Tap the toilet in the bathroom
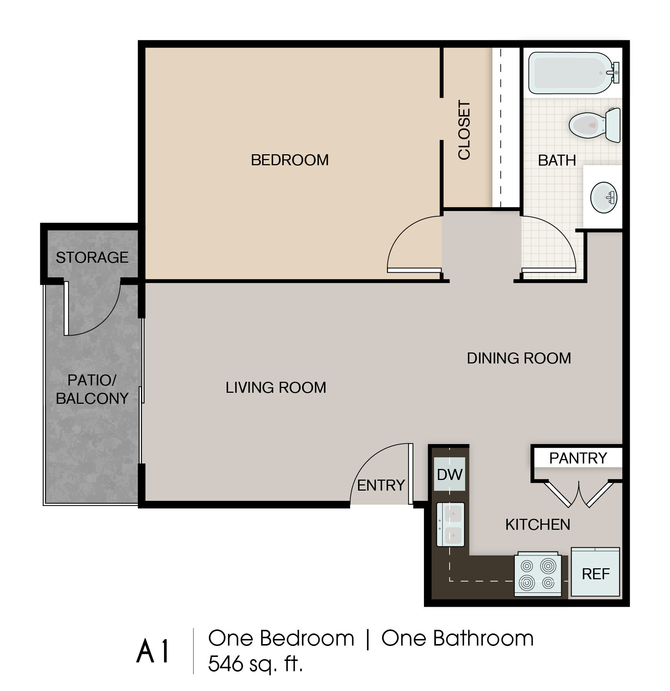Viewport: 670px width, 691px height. tap(595, 125)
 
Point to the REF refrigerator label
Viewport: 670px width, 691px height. tap(596, 574)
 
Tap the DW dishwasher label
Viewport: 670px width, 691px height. tap(450, 475)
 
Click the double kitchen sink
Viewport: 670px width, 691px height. tap(450, 524)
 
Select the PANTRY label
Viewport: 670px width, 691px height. tap(578, 458)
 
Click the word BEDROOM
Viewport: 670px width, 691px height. tap(290, 160)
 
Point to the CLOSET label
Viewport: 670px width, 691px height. tap(464, 130)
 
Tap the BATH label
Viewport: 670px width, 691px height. tap(557, 160)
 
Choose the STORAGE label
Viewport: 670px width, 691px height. tap(92, 258)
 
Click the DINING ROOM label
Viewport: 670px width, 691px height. tap(519, 358)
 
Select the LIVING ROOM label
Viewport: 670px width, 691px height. tap(276, 388)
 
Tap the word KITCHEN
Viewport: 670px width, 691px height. tap(537, 525)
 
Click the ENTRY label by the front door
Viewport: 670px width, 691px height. tap(381, 485)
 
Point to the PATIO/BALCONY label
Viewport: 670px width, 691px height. tap(92, 389)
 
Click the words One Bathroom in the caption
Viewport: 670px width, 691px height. tap(457, 638)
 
